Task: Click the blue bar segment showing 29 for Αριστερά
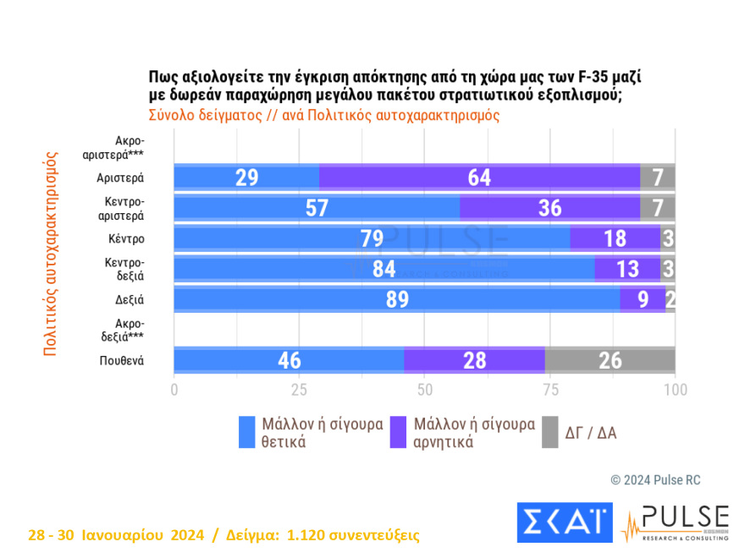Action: coord(246,178)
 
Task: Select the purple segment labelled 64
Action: coord(479,178)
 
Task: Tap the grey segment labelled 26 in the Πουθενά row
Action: coord(610,360)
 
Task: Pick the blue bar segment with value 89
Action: coord(396,299)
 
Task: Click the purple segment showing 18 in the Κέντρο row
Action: coord(615,238)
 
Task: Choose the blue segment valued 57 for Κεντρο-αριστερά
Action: coord(317,208)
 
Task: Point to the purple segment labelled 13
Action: coord(626,269)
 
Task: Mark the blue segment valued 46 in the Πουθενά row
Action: coord(289,360)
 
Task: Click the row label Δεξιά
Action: coord(129,299)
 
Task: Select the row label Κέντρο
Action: coord(127,238)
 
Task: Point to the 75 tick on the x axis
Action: coord(550,390)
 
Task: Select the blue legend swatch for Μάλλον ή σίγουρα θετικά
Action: coord(247,433)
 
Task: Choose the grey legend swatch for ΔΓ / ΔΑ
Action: coord(550,433)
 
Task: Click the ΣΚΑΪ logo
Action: coord(564,522)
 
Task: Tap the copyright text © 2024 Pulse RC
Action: coord(655,480)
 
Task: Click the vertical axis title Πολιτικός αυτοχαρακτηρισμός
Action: coord(49,254)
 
